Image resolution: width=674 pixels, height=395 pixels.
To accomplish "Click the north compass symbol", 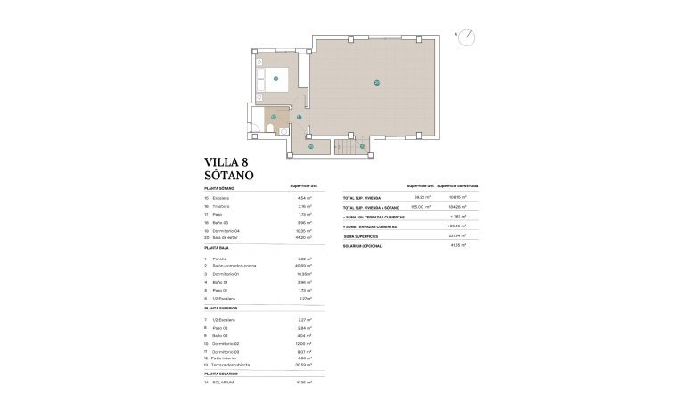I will tap(465, 37).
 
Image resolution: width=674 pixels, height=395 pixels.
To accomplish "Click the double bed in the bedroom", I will tap(275, 79).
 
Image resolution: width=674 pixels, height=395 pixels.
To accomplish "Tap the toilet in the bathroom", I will tap(268, 131).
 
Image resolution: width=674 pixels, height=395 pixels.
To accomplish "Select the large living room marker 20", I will tap(377, 83).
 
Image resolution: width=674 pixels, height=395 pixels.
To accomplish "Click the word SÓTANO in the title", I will tap(229, 176).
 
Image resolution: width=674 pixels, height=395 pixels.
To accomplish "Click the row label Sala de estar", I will tap(225, 237).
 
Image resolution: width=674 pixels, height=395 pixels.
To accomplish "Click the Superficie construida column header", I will tap(462, 185).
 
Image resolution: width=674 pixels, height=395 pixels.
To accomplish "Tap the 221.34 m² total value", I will tap(458, 235).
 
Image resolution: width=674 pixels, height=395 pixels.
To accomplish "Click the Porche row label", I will tap(219, 258).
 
